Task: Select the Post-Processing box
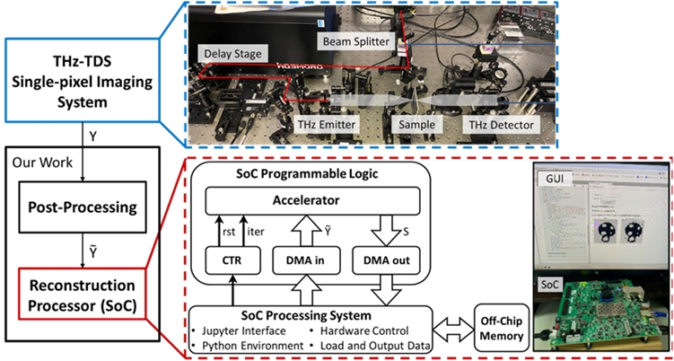[x=81, y=207]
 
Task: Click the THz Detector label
[x=498, y=128]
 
